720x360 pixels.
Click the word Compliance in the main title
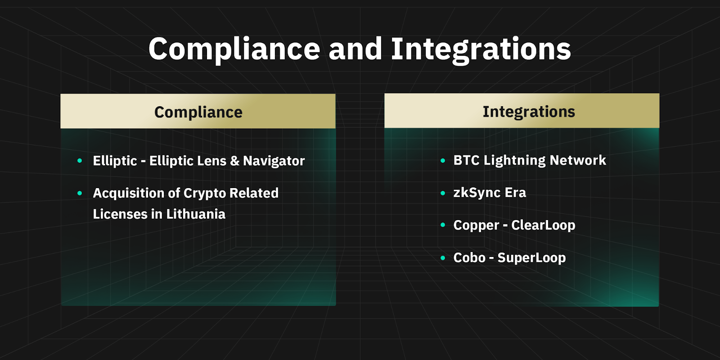[234, 49]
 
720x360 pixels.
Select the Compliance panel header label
[198, 112]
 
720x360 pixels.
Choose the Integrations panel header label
[529, 112]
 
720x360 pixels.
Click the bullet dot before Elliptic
[80, 160]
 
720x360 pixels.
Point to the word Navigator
[274, 161]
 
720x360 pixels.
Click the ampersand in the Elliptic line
[234, 161]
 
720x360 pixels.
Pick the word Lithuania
[196, 214]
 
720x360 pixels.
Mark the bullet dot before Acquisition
[80, 193]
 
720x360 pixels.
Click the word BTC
[466, 160]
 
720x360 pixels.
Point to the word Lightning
[515, 160]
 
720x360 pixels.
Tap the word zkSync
[477, 193]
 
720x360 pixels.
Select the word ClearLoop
[543, 225]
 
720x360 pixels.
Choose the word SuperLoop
[531, 258]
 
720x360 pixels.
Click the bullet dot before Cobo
[443, 257]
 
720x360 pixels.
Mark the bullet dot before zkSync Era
[443, 193]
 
